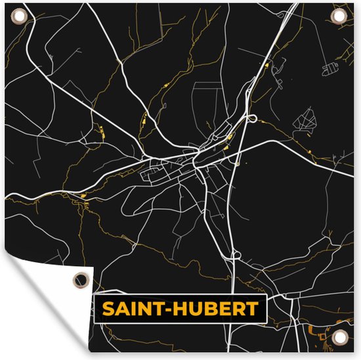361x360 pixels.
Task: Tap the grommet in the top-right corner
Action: pyautogui.click(x=339, y=15)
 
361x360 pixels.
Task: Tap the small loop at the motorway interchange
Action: pyautogui.click(x=252, y=119)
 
